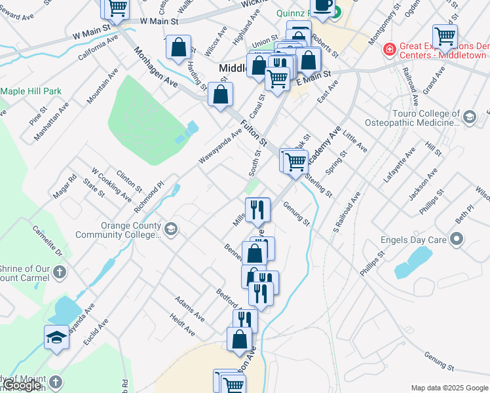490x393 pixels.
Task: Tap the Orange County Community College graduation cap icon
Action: tap(171, 229)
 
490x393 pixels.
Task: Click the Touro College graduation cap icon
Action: tap(469, 117)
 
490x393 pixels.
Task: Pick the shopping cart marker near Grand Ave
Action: tap(445, 37)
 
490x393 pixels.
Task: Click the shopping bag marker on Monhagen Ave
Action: tap(178, 47)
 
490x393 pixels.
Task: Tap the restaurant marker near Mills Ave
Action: tap(257, 210)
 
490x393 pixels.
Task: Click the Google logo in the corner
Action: tap(22, 385)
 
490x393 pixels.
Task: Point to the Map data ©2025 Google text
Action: tap(449, 388)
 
